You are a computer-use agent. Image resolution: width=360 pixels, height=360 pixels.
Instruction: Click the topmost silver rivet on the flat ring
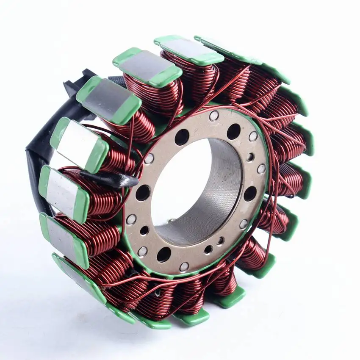[214, 116]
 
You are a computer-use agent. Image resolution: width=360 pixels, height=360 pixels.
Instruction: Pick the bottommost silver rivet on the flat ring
[184, 267]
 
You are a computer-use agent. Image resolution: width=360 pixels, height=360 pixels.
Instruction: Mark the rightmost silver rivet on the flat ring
[262, 169]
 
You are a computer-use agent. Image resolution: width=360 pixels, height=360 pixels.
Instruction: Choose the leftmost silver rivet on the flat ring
[131, 219]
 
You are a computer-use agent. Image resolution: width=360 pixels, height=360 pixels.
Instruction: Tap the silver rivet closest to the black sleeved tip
[149, 159]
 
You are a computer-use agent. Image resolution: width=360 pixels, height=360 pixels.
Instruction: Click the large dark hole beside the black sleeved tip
[143, 193]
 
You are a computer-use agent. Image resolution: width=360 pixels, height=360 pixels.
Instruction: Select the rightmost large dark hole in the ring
[250, 194]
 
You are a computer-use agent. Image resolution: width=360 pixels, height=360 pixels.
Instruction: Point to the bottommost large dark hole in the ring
[164, 255]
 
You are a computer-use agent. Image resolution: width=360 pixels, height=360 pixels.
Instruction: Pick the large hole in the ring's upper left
[182, 137]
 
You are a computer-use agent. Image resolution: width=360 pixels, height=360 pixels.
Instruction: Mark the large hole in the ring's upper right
[233, 132]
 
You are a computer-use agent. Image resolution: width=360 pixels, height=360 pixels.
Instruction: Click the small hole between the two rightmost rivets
[250, 158]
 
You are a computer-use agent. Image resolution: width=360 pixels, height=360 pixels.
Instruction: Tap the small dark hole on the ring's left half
[144, 230]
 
